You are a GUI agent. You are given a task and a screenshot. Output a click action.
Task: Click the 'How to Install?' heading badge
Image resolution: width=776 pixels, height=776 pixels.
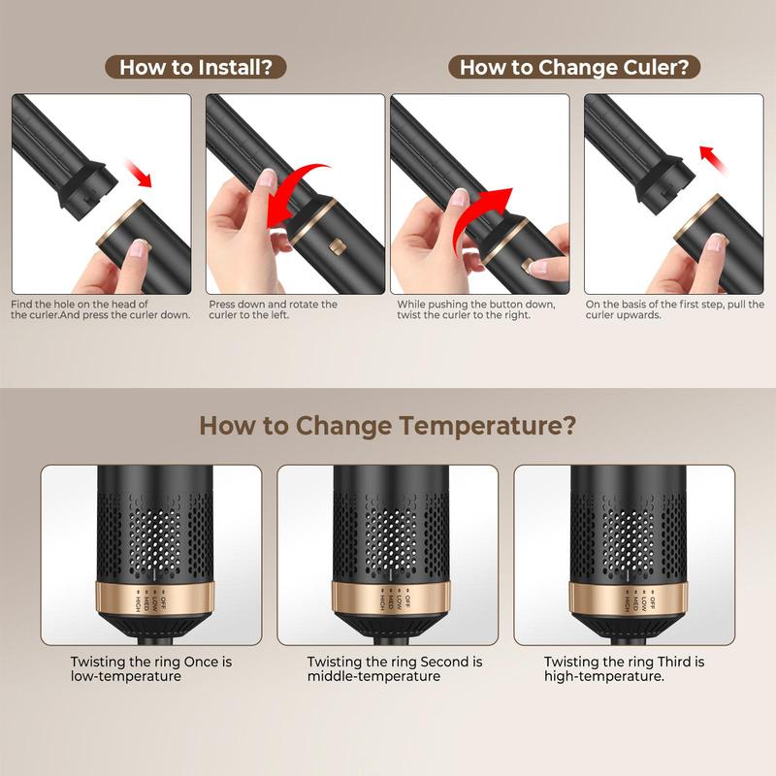[x=196, y=67]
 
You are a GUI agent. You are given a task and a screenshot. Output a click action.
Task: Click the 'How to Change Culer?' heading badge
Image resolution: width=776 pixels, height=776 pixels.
[x=574, y=67]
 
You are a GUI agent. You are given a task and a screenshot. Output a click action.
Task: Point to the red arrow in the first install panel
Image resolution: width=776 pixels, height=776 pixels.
[x=138, y=173]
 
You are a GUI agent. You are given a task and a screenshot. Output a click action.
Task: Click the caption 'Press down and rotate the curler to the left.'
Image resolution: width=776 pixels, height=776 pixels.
[x=273, y=309]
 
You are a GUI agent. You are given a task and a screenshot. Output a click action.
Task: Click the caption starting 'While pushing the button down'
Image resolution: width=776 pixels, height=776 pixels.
[x=476, y=309]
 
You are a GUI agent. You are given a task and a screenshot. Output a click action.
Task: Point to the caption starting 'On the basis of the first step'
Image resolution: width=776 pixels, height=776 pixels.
[x=675, y=309]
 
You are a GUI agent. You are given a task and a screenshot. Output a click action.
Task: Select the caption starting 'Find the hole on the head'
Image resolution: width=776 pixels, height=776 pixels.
[x=101, y=309]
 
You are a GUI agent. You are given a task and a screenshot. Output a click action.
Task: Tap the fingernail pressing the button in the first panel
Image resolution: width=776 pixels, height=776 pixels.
[x=139, y=248]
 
